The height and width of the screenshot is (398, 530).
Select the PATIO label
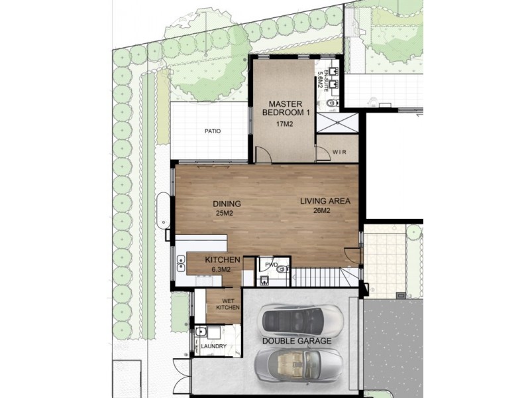213,131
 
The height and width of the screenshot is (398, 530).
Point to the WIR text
340,151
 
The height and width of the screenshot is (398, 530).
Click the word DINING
226,204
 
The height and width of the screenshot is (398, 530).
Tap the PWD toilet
282,269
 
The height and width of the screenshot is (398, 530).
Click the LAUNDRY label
213,346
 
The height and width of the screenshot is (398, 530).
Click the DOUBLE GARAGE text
296,341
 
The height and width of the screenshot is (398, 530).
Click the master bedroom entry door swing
263,155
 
